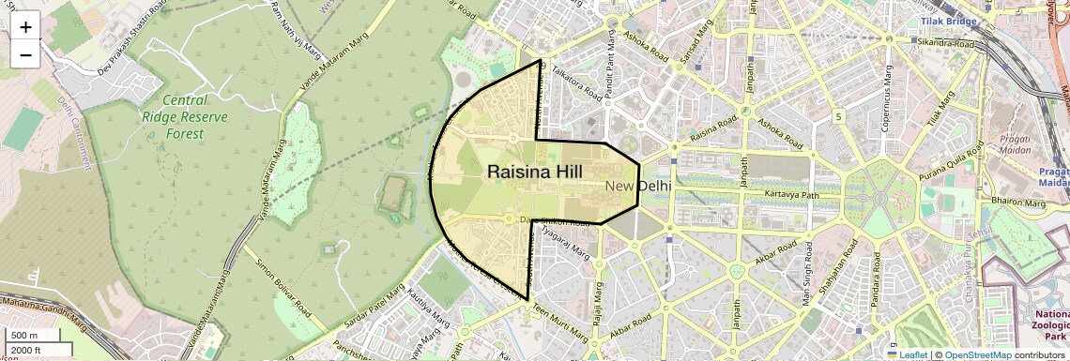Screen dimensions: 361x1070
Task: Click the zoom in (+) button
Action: coord(25,26)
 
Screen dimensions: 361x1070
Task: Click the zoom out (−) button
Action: coord(25,54)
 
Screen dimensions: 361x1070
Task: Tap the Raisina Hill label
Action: coord(535,172)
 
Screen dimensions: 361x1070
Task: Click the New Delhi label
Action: coord(637,186)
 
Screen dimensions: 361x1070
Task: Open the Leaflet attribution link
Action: coord(907,354)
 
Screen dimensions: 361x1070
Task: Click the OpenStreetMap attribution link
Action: coord(977,354)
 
